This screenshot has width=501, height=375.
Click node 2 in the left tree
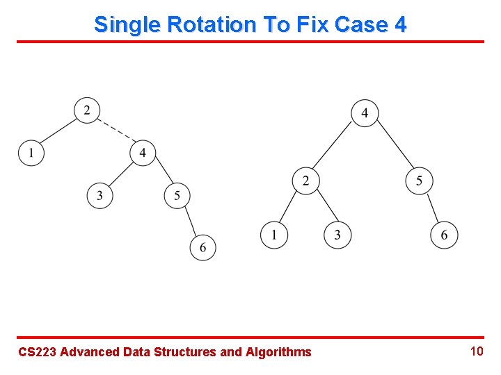pyautogui.click(x=87, y=110)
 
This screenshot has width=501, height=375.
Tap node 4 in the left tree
pyautogui.click(x=143, y=152)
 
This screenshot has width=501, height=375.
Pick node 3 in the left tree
pyautogui.click(x=100, y=195)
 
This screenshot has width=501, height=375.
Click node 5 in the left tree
pyautogui.click(x=177, y=195)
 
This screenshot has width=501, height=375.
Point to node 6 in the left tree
pyautogui.click(x=202, y=247)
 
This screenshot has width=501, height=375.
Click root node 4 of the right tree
pyautogui.click(x=365, y=112)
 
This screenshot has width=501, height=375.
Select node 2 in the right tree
pyautogui.click(x=305, y=181)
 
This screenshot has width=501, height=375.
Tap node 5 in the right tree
pyautogui.click(x=419, y=181)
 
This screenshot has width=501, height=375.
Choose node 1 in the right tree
pyautogui.click(x=274, y=235)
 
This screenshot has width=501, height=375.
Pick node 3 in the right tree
pyautogui.click(x=337, y=235)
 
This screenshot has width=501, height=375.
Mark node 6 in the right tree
pyautogui.click(x=444, y=235)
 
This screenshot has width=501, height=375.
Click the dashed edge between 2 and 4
pyautogui.click(x=115, y=131)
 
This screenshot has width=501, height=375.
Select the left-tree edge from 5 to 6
pyautogui.click(x=190, y=221)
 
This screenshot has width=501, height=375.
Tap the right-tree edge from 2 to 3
pyautogui.click(x=321, y=208)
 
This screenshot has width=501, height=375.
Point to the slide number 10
pyautogui.click(x=476, y=351)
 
